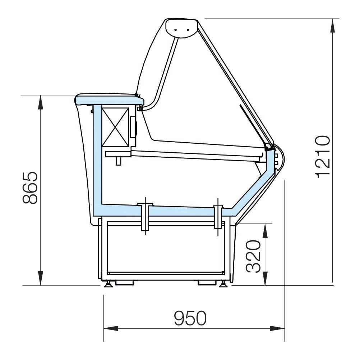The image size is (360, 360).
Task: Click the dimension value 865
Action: [x=30, y=188]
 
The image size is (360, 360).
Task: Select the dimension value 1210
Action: [x=323, y=157]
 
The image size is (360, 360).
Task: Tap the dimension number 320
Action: [x=253, y=256]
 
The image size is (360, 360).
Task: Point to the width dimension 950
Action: [x=190, y=318]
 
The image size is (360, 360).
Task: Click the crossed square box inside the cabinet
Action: [x=115, y=127]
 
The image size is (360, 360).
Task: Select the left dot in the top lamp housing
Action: [x=176, y=30]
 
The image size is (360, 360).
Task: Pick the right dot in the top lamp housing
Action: [x=188, y=30]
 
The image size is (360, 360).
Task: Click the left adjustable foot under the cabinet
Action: [x=108, y=284]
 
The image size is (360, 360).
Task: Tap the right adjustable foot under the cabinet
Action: [x=222, y=284]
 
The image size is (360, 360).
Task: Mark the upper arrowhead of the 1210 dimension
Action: [x=332, y=26]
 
